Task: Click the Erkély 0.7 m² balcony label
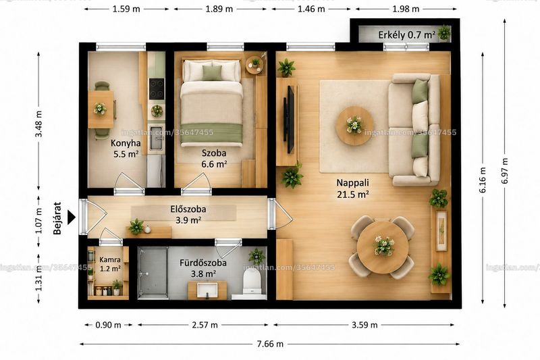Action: coord(406,35)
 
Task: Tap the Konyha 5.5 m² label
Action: coord(126,149)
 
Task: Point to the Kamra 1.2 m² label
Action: coord(110,264)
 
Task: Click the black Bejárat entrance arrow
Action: coord(72,217)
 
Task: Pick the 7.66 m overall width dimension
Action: coord(269,344)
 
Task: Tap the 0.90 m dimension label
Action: coord(108,324)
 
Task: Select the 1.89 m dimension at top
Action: coord(219,9)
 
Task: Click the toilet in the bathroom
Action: coord(252,281)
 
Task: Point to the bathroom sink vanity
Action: coord(207,290)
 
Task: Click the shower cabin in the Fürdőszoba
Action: coord(153,272)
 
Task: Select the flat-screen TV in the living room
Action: coord(290,119)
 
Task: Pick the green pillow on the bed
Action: coord(212,73)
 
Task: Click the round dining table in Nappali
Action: coord(383,247)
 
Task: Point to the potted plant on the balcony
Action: coord(443,32)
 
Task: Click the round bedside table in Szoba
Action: coord(254,64)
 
